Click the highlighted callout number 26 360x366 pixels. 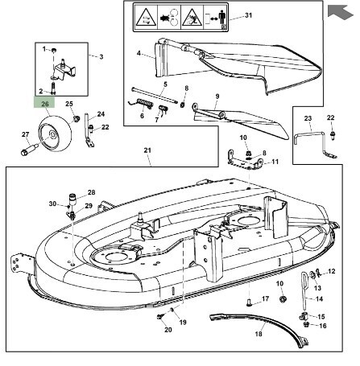pyautogui.click(x=45, y=104)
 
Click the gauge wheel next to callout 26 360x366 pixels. pyautogui.click(x=55, y=134)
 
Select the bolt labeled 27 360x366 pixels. pyautogui.click(x=30, y=150)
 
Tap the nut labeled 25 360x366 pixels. pyautogui.click(x=77, y=118)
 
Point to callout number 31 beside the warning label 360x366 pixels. pyautogui.click(x=249, y=15)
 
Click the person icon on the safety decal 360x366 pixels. pyautogui.click(x=221, y=17)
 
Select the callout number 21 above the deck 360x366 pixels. pyautogui.click(x=147, y=150)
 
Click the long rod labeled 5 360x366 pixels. pyautogui.click(x=155, y=95)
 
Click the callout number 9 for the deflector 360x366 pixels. pyautogui.click(x=217, y=97)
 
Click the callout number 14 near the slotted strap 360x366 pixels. pyautogui.click(x=319, y=298)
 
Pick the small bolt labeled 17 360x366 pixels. pyautogui.click(x=248, y=302)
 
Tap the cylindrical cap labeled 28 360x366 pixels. pyautogui.click(x=72, y=199)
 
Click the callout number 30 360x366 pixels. pyautogui.click(x=52, y=204)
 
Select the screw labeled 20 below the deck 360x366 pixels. pyautogui.click(x=160, y=317)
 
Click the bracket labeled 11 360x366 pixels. pyautogui.click(x=244, y=160)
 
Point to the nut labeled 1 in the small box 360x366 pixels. pyautogui.click(x=53, y=50)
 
